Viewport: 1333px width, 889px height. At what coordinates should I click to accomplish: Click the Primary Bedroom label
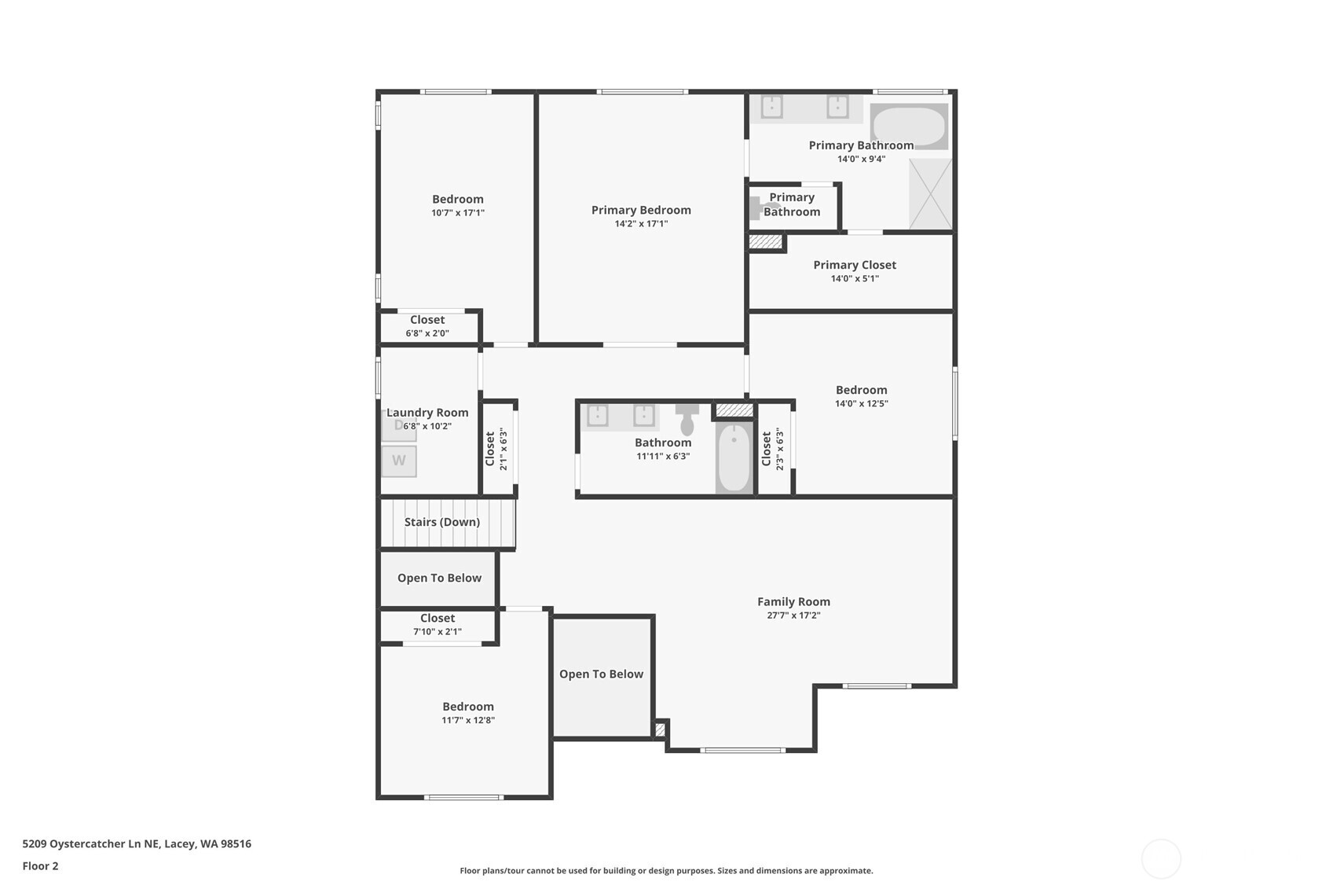(641, 210)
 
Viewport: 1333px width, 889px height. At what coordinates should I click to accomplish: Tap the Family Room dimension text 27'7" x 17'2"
(793, 615)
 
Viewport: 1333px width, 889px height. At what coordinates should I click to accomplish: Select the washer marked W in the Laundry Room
(399, 461)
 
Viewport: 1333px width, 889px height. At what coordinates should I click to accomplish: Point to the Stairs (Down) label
(442, 522)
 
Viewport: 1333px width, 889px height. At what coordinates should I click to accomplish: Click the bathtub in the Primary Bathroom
(909, 127)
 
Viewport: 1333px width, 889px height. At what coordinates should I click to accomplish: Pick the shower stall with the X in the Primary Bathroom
(931, 193)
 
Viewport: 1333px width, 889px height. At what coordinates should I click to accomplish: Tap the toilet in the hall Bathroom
(687, 419)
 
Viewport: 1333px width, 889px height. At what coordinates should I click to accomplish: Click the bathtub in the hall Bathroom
(734, 457)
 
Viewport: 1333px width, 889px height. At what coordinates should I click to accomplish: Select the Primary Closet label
(855, 265)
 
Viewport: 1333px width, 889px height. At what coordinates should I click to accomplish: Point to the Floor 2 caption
(41, 865)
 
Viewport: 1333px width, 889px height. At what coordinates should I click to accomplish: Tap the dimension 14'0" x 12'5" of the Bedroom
(861, 404)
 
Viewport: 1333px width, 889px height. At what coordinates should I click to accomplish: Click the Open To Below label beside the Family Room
(601, 674)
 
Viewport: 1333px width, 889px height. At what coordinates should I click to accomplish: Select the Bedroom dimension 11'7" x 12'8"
(467, 720)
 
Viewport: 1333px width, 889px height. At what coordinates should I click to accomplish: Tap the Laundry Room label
(427, 412)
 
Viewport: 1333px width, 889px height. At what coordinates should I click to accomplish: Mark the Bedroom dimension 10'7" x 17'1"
(458, 212)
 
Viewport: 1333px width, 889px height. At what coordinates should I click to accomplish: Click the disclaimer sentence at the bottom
(666, 871)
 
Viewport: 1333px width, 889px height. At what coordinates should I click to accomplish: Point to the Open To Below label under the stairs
(439, 579)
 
